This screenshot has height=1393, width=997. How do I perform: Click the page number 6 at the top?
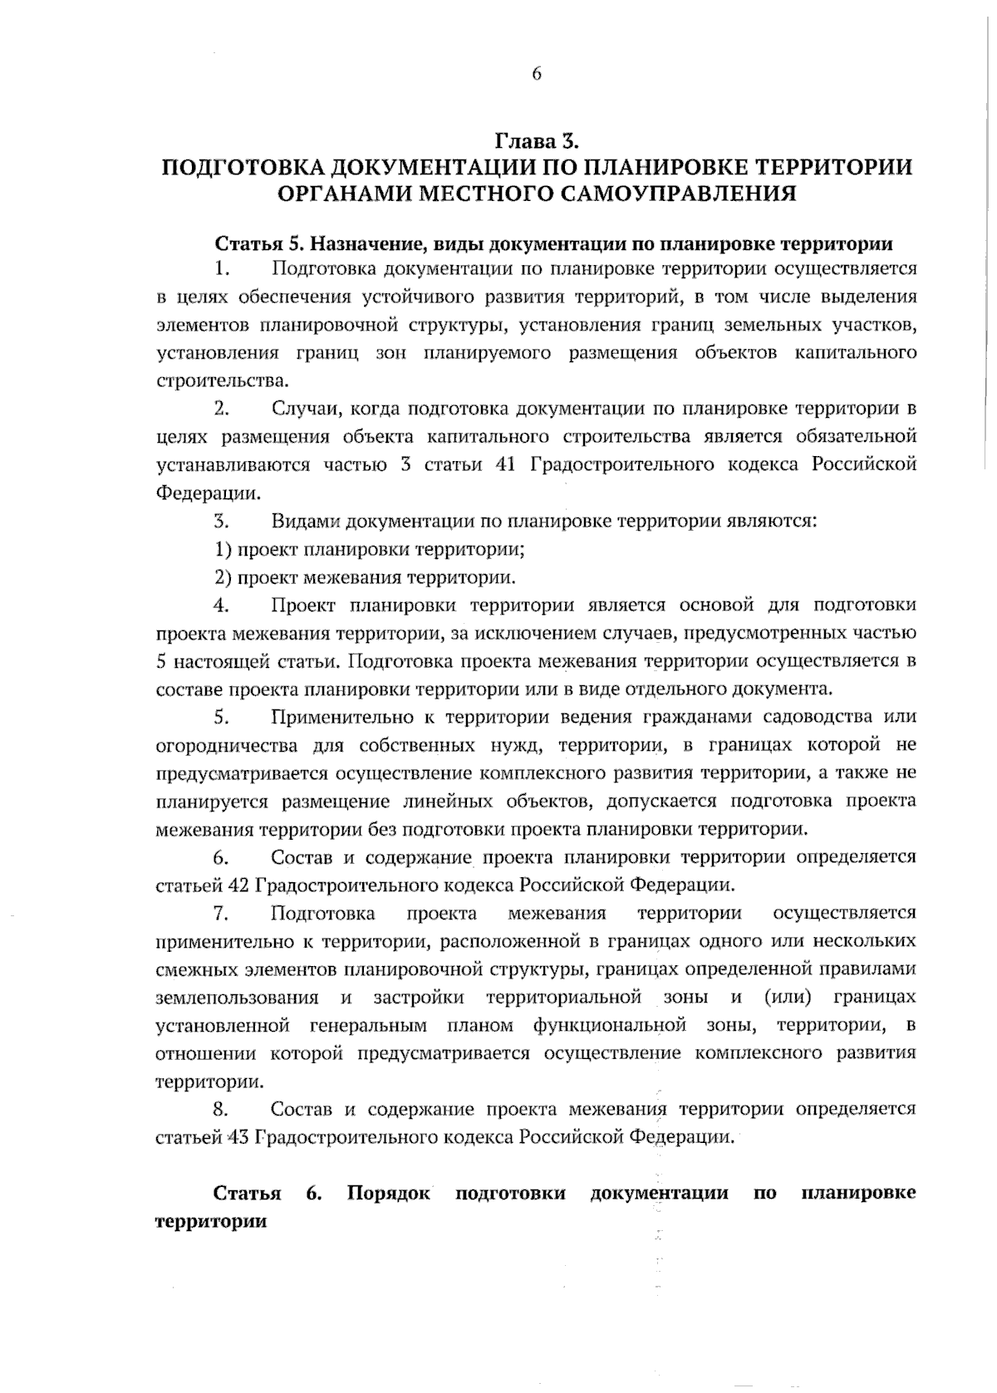(536, 75)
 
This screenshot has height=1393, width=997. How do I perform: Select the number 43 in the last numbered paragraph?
(238, 1136)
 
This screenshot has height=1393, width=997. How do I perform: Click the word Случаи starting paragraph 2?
(304, 408)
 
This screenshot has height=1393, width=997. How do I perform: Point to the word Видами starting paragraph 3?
(304, 521)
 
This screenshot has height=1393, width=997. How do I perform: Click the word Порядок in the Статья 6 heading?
(389, 1193)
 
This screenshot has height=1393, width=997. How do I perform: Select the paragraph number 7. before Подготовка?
(221, 912)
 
